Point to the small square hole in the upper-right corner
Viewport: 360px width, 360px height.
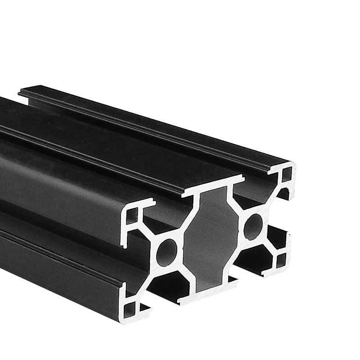coord(287,175)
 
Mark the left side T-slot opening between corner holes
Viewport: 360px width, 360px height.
coord(135,261)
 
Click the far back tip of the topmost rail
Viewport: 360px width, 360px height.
coord(20,93)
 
